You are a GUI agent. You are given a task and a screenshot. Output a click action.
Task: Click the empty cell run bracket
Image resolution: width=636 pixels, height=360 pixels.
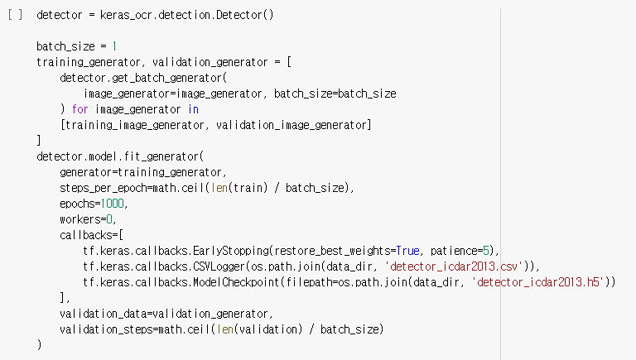14,16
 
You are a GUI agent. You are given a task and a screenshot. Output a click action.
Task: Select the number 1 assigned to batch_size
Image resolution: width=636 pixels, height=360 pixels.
114,46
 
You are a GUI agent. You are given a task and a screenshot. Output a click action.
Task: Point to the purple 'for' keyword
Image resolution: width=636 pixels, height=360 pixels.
79,109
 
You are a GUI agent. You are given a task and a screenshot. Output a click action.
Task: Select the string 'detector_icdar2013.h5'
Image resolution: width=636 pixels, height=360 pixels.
540,282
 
